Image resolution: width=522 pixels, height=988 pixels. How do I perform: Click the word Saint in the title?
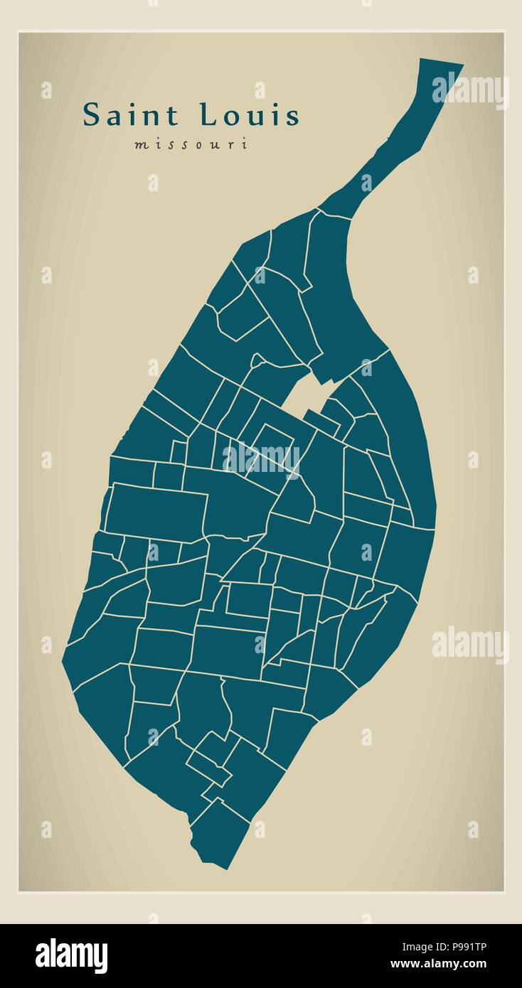[x=133, y=115]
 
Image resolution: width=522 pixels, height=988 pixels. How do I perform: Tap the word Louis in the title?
[x=249, y=115]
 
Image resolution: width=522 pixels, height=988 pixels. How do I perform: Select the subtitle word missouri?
[x=191, y=144]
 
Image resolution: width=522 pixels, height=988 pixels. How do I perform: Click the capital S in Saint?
[x=91, y=115]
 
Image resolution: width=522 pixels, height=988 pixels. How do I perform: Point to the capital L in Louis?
[x=208, y=115]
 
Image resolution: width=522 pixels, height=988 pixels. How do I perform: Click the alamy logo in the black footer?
[x=72, y=955]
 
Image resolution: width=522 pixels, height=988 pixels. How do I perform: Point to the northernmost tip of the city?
[x=441, y=64]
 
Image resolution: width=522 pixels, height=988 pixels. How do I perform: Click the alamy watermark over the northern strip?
[x=470, y=90]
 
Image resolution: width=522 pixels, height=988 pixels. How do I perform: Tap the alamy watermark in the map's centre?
[x=261, y=458]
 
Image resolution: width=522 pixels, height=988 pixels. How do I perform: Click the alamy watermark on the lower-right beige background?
[x=470, y=645]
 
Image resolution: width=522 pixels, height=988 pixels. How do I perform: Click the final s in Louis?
[x=292, y=117]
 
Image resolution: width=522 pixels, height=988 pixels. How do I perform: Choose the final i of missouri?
[x=245, y=144]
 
